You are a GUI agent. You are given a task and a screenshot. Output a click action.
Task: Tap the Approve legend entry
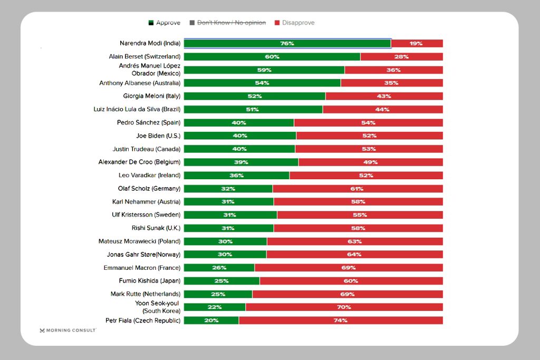pos(164,23)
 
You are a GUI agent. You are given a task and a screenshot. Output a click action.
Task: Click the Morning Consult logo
pos(67,330)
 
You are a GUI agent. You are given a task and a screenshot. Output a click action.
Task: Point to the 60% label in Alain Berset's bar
pos(272,56)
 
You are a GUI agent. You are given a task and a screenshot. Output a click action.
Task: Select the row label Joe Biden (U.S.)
pos(158,135)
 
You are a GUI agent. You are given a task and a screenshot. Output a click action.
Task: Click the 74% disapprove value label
pos(340,320)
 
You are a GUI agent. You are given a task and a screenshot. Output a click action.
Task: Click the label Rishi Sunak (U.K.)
pos(156,228)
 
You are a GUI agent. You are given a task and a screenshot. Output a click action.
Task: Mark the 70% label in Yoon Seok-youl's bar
pos(344,307)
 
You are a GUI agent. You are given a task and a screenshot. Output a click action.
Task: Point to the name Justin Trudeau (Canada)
pos(146,149)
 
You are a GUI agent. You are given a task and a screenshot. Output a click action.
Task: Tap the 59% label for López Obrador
pos(264,70)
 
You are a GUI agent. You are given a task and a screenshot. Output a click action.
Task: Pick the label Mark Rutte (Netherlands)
pos(145,294)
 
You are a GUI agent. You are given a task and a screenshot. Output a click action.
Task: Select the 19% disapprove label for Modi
pos(416,43)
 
